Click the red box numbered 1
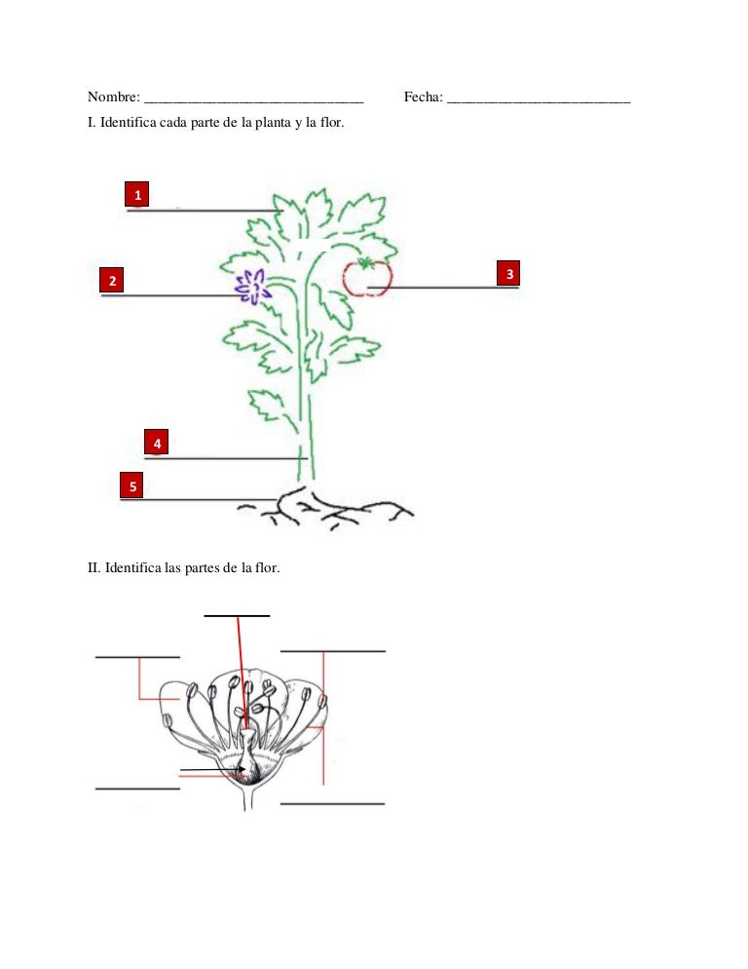[x=138, y=195]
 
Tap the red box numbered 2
[x=113, y=281]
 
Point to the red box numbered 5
[x=132, y=484]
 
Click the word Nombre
[x=112, y=97]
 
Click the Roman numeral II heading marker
[x=93, y=566]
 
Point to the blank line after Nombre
[x=253, y=101]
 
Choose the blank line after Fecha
[x=539, y=101]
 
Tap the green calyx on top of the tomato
[x=366, y=262]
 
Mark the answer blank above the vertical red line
[x=237, y=614]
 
